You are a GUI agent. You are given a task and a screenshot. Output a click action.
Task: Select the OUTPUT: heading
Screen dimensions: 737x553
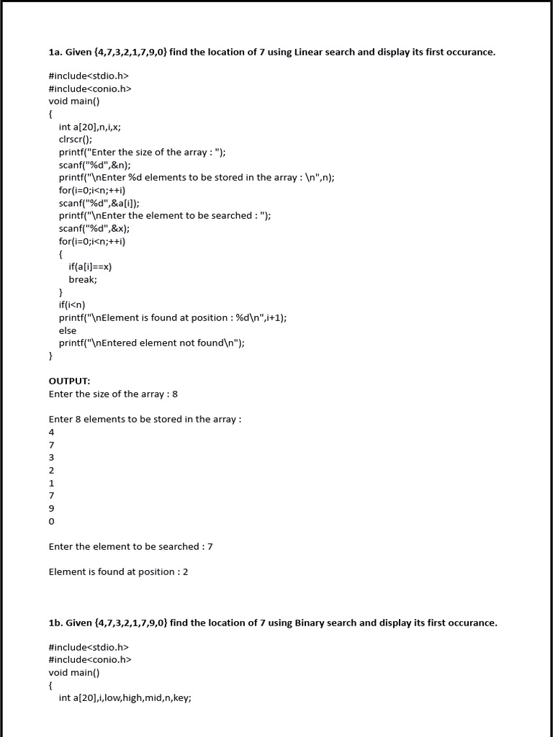pyautogui.click(x=69, y=381)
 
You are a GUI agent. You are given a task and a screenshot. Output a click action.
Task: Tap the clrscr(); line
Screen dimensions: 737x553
pyautogui.click(x=76, y=140)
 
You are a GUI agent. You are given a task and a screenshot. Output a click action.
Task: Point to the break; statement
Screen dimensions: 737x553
pyautogui.click(x=83, y=279)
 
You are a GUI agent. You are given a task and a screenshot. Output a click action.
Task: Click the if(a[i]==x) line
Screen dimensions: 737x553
pyautogui.click(x=90, y=266)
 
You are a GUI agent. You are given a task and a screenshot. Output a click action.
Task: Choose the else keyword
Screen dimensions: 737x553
pyautogui.click(x=68, y=330)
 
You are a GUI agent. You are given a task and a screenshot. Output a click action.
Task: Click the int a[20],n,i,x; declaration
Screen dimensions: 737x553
pyautogui.click(x=90, y=127)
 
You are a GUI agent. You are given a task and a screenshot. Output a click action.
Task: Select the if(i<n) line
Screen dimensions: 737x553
pyautogui.click(x=72, y=304)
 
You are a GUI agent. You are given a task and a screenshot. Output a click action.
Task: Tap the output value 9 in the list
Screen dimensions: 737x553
pyautogui.click(x=52, y=508)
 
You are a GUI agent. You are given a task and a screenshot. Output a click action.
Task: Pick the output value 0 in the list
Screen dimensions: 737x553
pyautogui.click(x=52, y=521)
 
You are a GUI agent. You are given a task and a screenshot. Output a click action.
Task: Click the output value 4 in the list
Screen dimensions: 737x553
pyautogui.click(x=52, y=432)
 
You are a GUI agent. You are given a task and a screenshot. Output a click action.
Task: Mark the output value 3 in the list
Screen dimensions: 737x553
pyautogui.click(x=52, y=457)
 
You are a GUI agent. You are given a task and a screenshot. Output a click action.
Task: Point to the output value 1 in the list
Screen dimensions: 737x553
pyautogui.click(x=52, y=483)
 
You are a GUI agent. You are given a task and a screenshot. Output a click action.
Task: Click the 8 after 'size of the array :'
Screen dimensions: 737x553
pyautogui.click(x=175, y=394)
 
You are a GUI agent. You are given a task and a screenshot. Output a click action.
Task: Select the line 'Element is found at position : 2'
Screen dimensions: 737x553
pyautogui.click(x=118, y=571)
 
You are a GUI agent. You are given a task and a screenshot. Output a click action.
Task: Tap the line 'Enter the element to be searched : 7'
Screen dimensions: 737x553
pyautogui.click(x=130, y=546)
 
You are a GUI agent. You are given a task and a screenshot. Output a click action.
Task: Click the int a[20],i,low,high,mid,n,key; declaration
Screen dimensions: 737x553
pyautogui.click(x=125, y=697)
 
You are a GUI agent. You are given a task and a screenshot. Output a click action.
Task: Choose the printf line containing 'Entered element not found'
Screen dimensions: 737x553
pyautogui.click(x=152, y=343)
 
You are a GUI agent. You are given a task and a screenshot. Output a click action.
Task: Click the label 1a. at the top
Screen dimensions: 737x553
pyautogui.click(x=55, y=53)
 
